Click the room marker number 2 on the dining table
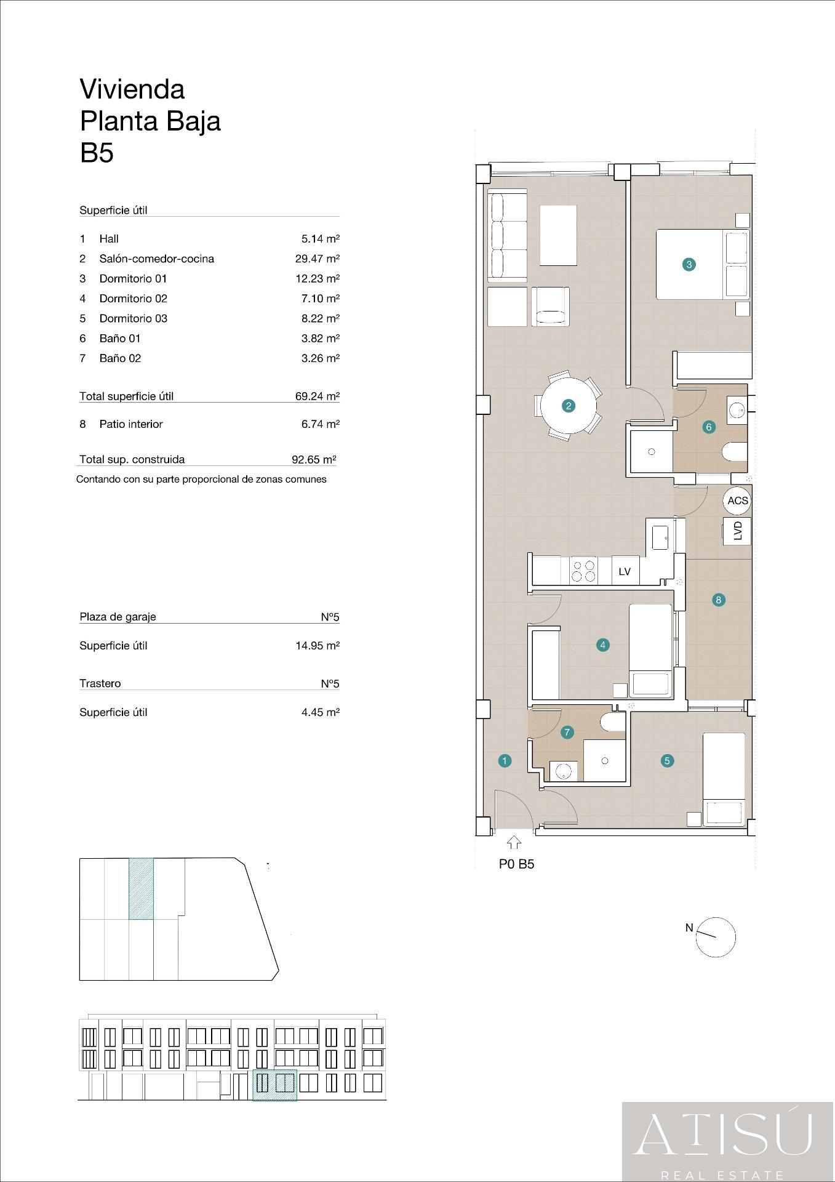click(x=568, y=406)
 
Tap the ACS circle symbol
click(x=737, y=501)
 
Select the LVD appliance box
click(x=737, y=531)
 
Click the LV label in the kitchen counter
click(x=625, y=571)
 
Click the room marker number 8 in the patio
click(x=718, y=600)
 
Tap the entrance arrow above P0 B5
click(x=514, y=843)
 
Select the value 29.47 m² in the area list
click(x=317, y=259)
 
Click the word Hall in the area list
click(x=109, y=239)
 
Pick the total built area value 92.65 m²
click(x=313, y=459)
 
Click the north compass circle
click(x=716, y=937)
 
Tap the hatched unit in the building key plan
click(x=141, y=888)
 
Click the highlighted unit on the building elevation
click(x=274, y=1085)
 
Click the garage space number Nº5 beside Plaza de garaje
click(x=330, y=617)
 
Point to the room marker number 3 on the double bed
click(x=689, y=265)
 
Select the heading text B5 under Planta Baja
click(x=97, y=153)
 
